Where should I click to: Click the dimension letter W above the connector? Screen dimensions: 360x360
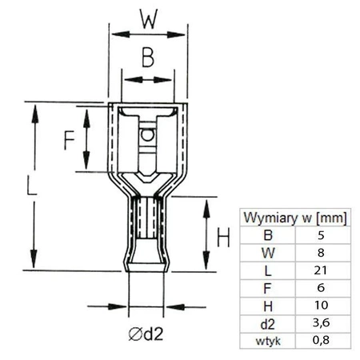146,18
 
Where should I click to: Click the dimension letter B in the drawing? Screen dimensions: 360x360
146,58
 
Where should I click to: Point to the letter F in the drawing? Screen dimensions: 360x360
70,138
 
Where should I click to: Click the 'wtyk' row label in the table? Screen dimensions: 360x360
268,341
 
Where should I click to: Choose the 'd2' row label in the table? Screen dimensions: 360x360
268,323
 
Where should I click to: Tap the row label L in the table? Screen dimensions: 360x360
268,271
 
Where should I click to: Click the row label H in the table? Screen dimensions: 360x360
268,306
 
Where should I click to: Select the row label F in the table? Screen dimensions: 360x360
268,289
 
